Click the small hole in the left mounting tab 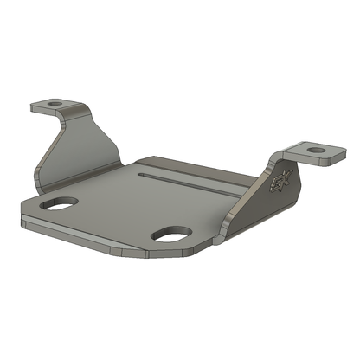click(x=55, y=104)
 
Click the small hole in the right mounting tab click(x=317, y=150)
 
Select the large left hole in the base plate click(x=58, y=204)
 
